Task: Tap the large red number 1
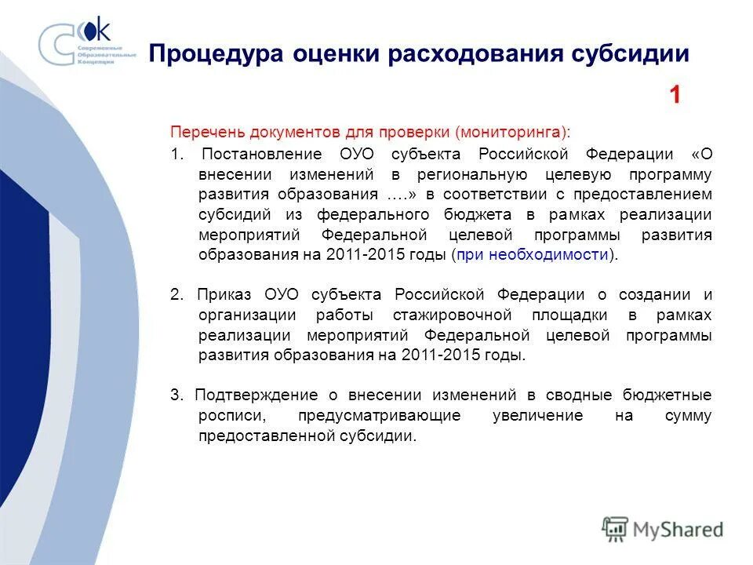click(x=675, y=96)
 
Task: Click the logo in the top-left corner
click(x=87, y=44)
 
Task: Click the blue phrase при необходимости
click(x=533, y=255)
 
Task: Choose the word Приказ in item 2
click(x=224, y=295)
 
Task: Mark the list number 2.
click(x=176, y=295)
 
